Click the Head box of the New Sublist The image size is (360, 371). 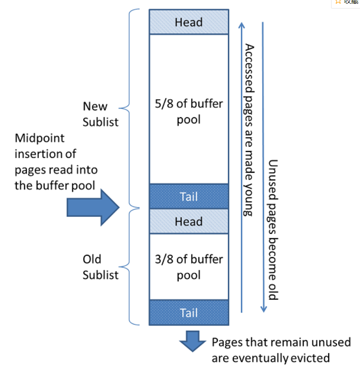[189, 22]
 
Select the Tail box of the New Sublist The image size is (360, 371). [189, 196]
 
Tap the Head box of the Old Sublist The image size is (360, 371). [189, 222]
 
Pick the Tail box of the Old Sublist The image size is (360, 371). [189, 313]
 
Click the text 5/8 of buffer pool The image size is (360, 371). [189, 111]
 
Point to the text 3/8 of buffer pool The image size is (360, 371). [189, 267]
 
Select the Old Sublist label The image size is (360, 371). [100, 267]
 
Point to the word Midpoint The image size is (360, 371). [39, 139]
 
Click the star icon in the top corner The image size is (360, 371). [338, 2]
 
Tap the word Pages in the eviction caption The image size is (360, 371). [227, 343]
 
